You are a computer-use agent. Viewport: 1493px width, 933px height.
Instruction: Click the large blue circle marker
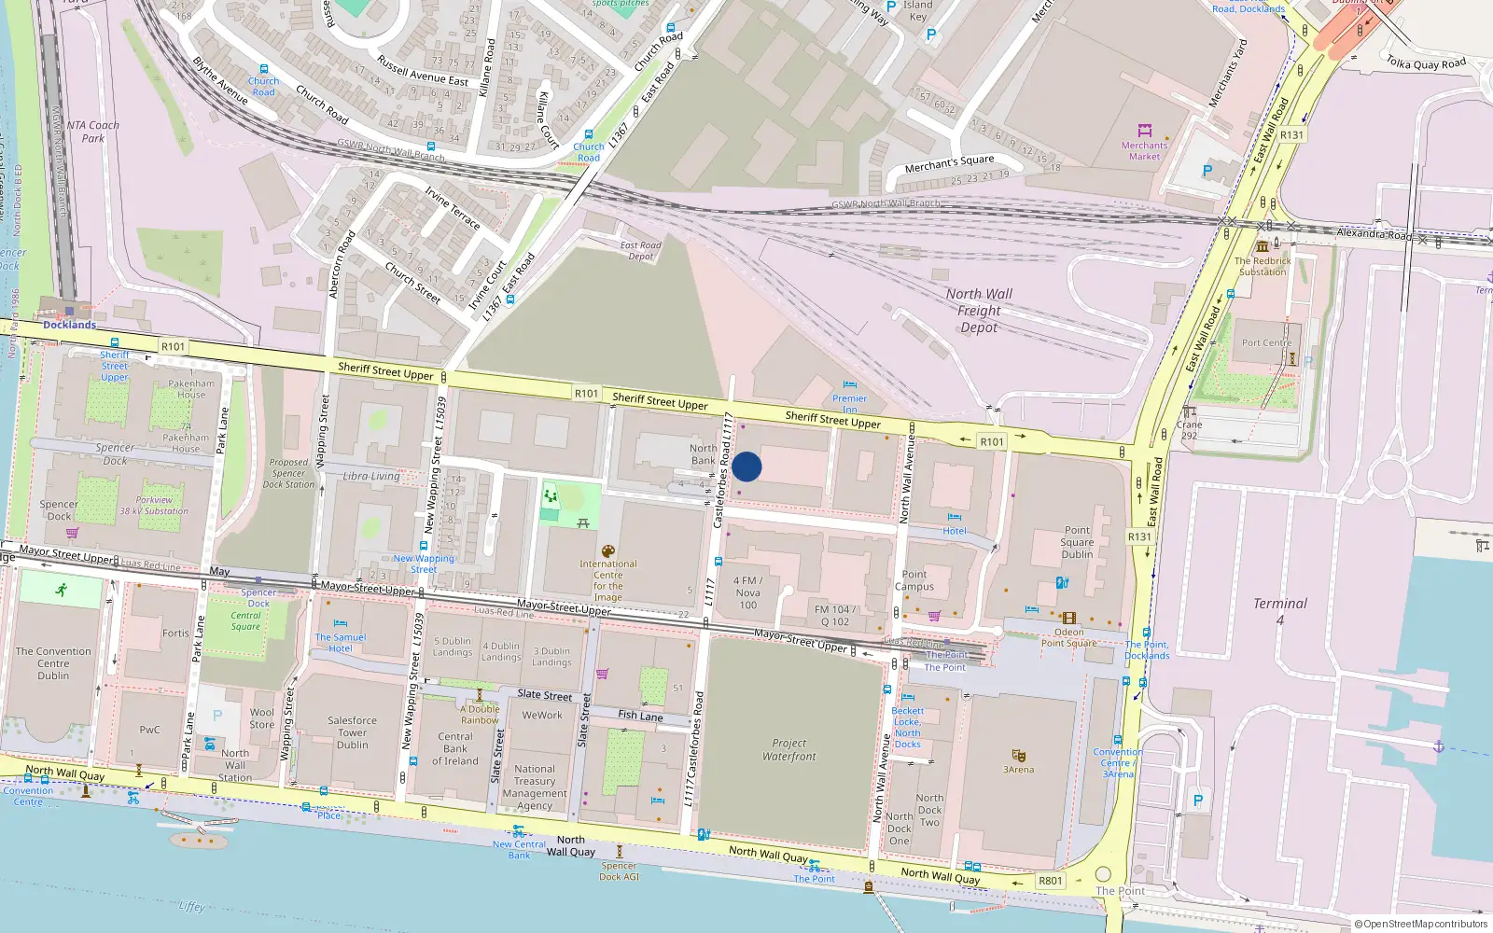(x=746, y=466)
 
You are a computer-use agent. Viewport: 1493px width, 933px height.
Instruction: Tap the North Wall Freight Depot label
(x=979, y=311)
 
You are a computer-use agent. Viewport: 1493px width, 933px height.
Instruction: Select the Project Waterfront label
(x=788, y=750)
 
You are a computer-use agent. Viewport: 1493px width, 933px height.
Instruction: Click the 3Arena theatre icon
(x=1018, y=755)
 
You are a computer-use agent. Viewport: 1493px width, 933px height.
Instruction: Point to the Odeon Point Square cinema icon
(x=1068, y=618)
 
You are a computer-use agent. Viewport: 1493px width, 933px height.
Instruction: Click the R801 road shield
(x=1051, y=881)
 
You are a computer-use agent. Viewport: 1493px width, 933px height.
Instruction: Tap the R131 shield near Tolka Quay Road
(x=1291, y=135)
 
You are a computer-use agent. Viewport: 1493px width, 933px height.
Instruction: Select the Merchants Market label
(x=1144, y=150)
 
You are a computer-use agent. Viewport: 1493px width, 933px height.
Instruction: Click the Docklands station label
(x=69, y=325)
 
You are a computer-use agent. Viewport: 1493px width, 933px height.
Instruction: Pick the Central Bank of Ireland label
(x=455, y=748)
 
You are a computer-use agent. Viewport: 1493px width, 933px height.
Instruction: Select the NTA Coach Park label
(x=92, y=132)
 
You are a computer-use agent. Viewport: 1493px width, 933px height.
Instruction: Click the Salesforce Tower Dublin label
(x=352, y=732)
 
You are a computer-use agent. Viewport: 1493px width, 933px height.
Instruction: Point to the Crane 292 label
(x=1189, y=430)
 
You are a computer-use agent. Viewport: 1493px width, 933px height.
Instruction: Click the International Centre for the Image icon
(x=607, y=551)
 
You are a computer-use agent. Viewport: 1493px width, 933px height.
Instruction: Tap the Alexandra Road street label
(x=1374, y=234)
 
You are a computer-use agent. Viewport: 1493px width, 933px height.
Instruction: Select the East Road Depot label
(x=641, y=251)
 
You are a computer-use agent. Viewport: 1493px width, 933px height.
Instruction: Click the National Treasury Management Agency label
(x=535, y=787)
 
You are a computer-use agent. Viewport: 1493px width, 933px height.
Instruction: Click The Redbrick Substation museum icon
(x=1262, y=246)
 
